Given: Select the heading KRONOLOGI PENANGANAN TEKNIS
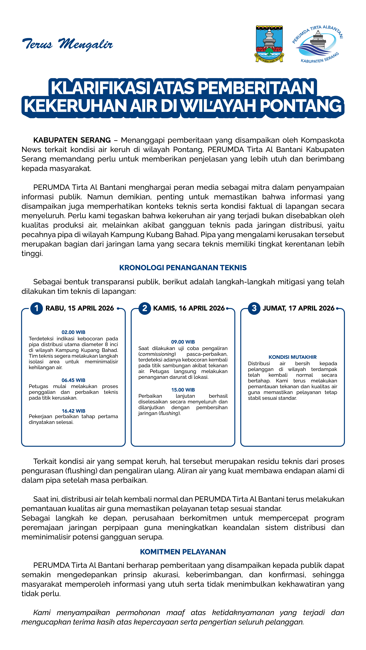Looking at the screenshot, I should [x=183, y=268].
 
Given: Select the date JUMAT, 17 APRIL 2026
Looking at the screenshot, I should [x=299, y=308].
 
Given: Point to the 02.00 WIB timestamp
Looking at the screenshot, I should [x=74, y=332].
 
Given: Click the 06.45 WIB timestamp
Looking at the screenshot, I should [x=74, y=380].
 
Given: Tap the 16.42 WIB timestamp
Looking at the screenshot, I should [x=74, y=411].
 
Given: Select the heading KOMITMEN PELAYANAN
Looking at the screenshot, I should [x=183, y=552].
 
